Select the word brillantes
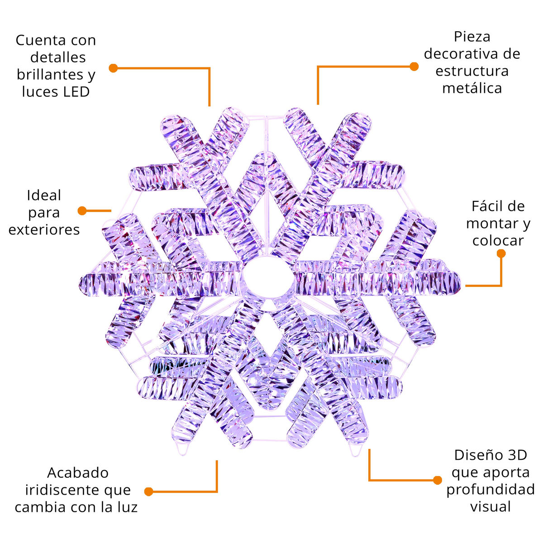point(50,75)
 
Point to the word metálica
point(472,88)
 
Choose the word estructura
point(472,71)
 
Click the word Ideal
point(44,195)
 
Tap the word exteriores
point(44,230)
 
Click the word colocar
point(498,241)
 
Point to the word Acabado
point(78,473)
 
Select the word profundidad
point(491,490)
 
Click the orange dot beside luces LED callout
point(113,68)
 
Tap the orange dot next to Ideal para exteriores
point(82,210)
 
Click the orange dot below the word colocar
point(501,253)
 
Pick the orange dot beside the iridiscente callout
point(148,492)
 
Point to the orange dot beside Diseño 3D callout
point(437,480)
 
